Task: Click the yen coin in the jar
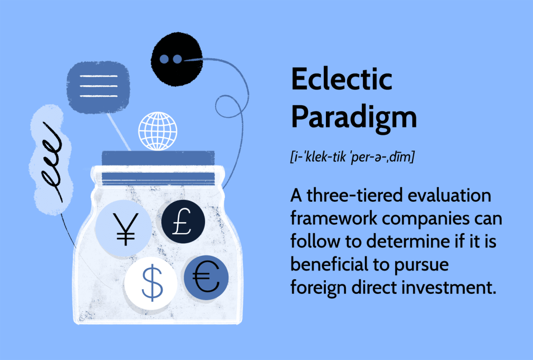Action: coord(123,228)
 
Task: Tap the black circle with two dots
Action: coord(175,58)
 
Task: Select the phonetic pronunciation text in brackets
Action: coord(352,158)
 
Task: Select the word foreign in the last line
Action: coord(319,287)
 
